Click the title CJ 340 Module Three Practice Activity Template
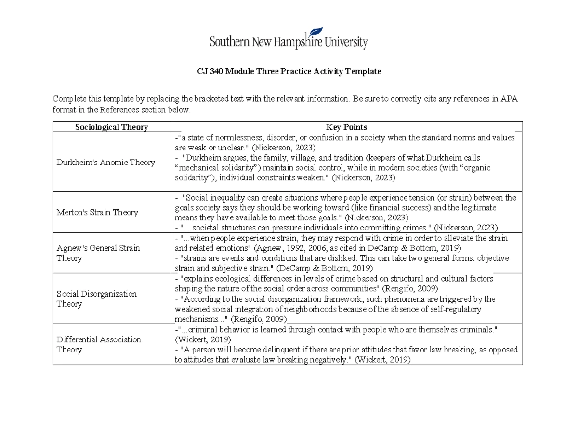(289, 71)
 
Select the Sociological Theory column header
(111, 127)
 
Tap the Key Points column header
(346, 127)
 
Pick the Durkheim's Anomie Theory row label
(105, 163)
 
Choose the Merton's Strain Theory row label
(97, 212)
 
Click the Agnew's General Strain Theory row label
(98, 253)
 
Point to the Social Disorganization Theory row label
(96, 299)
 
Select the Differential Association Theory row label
(98, 344)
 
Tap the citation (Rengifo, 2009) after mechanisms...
(259, 319)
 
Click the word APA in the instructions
(509, 99)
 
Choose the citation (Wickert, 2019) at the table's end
(382, 360)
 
